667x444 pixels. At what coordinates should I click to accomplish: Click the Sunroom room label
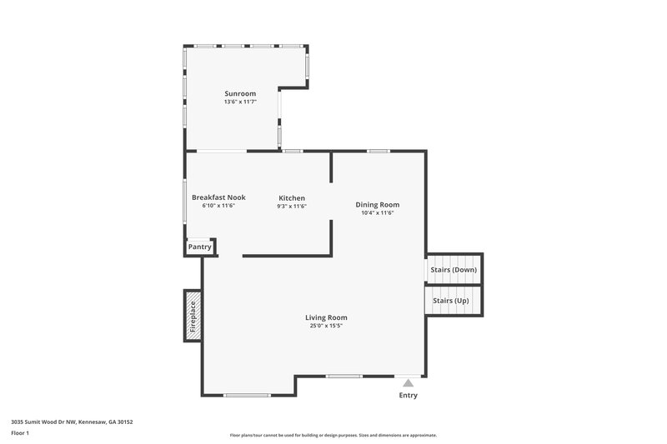coord(240,93)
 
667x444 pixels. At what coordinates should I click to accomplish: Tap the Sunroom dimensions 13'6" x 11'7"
coord(240,102)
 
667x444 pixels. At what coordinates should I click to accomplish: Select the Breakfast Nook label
coord(218,197)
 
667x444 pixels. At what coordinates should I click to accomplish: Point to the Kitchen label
coord(292,197)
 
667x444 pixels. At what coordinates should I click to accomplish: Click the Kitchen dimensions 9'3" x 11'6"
coord(292,206)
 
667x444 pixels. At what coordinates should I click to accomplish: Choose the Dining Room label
coord(378,204)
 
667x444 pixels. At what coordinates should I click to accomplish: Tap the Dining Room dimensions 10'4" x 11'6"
coord(378,212)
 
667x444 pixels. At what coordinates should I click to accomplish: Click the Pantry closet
coord(200,247)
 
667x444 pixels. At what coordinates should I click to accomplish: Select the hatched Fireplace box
coord(193,316)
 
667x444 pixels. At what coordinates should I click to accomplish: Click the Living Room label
coord(326,317)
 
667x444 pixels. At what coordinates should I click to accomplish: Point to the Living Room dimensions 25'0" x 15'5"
coord(326,326)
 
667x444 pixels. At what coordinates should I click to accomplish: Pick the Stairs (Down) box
coord(454,270)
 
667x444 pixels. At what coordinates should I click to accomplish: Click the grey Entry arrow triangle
coord(408,382)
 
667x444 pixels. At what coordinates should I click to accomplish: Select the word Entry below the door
coord(408,395)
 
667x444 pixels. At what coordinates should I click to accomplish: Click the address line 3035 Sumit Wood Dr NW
coord(72,422)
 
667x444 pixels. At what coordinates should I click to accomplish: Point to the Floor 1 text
coord(20,433)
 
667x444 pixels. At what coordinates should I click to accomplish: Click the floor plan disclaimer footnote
coord(333,435)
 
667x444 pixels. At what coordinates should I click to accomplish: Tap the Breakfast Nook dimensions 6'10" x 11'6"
coord(218,206)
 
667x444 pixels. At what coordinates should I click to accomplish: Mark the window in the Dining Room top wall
coord(379,151)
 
